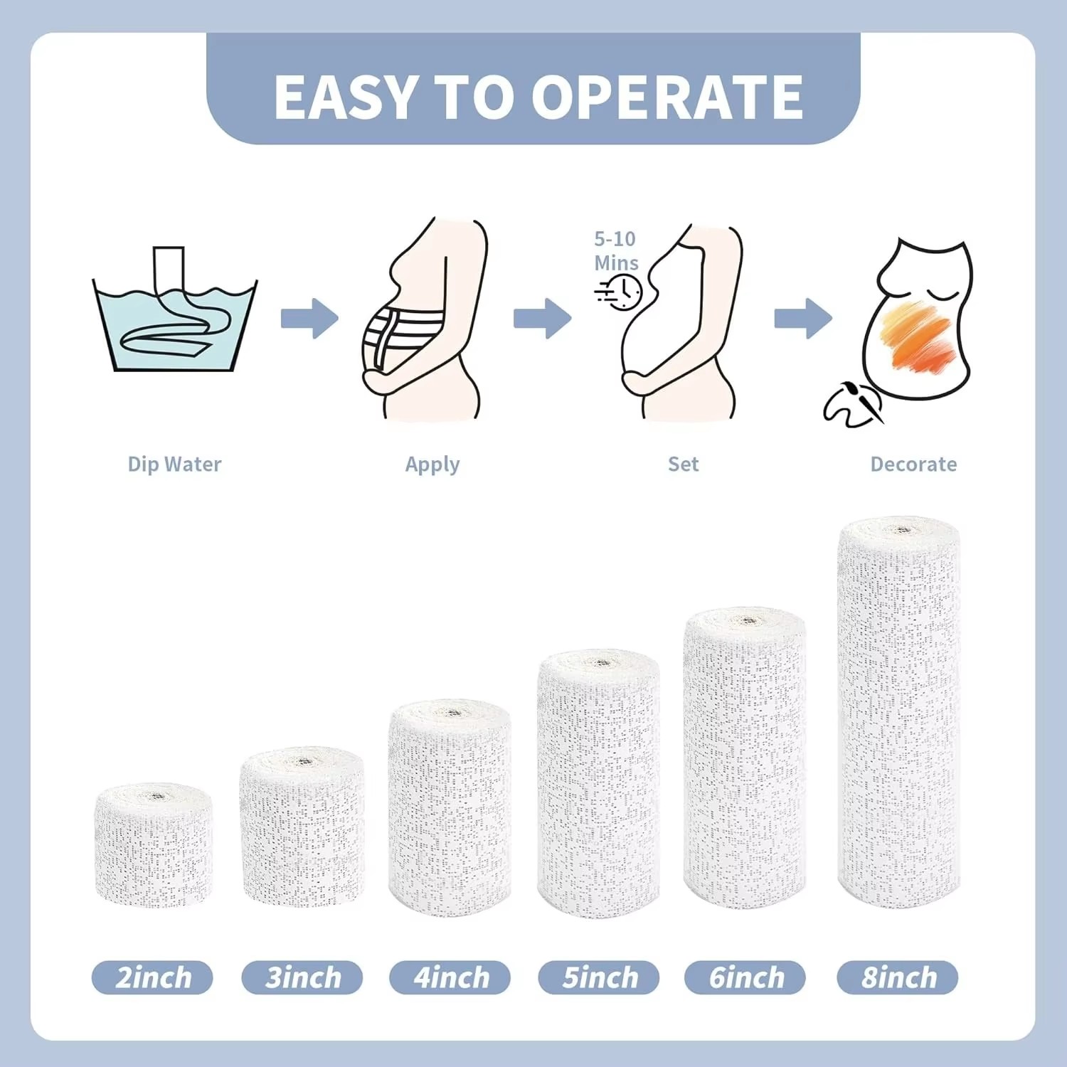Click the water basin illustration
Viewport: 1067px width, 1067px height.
click(x=174, y=320)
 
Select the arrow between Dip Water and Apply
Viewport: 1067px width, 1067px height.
click(x=309, y=319)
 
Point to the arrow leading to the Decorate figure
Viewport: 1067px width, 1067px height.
click(x=803, y=318)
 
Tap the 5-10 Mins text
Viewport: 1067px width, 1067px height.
click(x=616, y=250)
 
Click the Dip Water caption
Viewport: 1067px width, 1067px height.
click(x=174, y=465)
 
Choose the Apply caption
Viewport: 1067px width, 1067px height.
click(x=432, y=465)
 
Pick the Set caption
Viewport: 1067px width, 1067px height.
click(x=683, y=465)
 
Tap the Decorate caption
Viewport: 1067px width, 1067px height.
click(x=913, y=465)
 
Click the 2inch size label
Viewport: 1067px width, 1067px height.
click(x=152, y=977)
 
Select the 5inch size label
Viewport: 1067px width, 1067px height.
click(x=599, y=977)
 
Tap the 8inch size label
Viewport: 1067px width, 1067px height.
click(x=898, y=977)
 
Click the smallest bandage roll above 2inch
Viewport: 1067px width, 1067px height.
click(x=153, y=846)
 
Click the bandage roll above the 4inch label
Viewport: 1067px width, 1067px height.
click(x=450, y=807)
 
